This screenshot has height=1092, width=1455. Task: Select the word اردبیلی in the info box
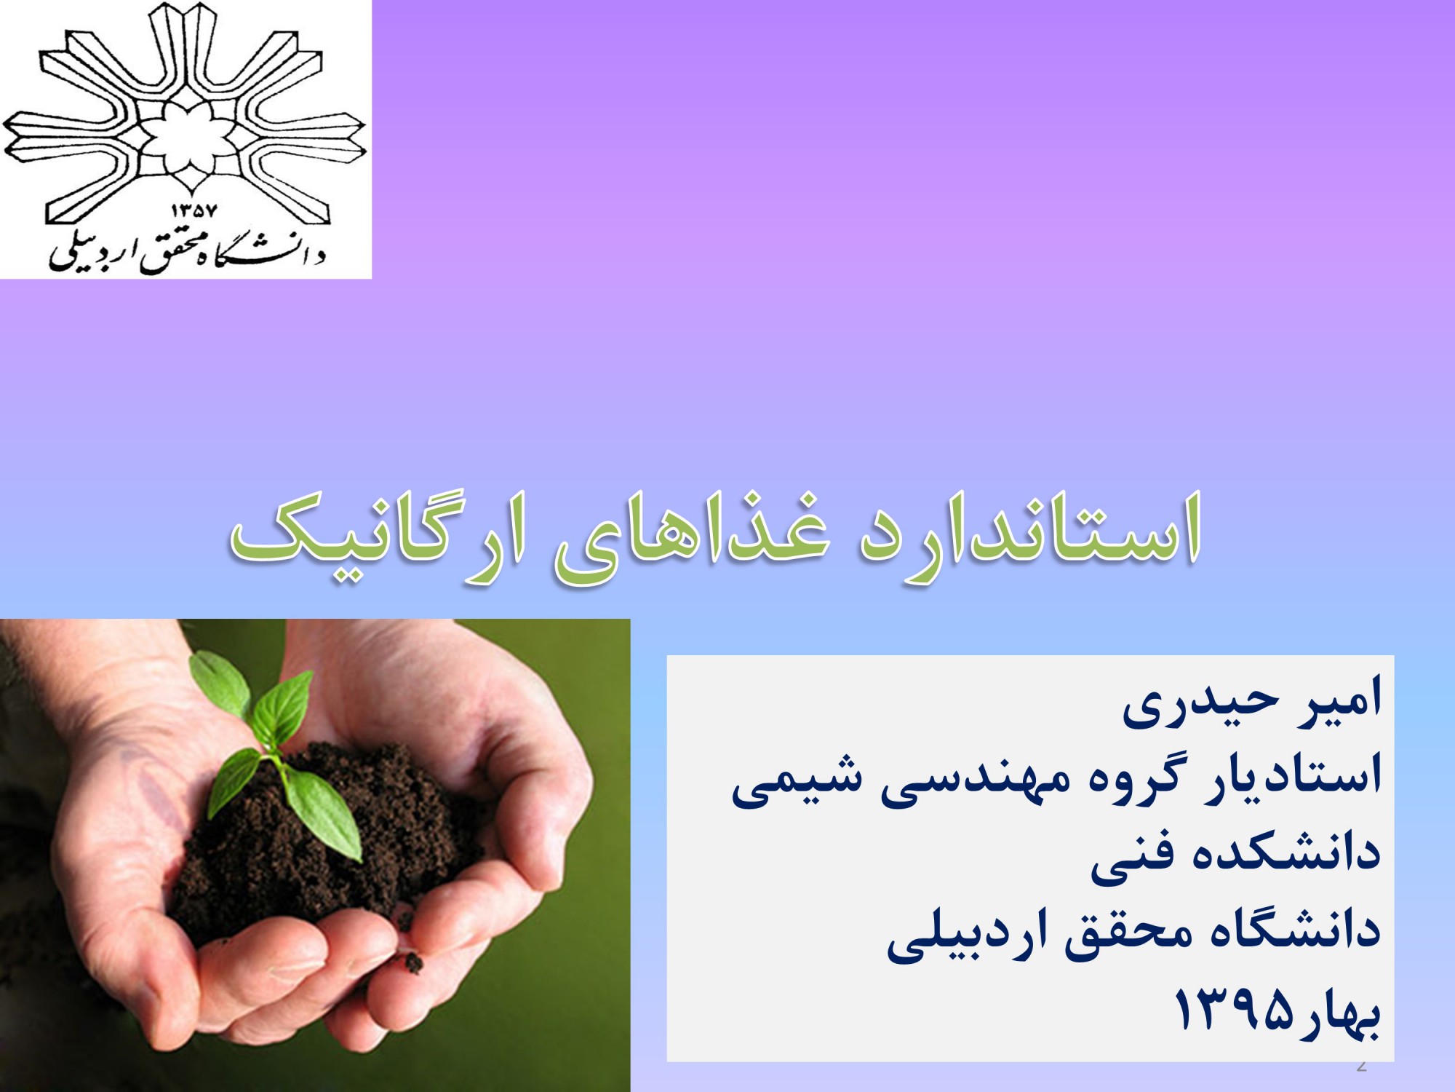(x=968, y=935)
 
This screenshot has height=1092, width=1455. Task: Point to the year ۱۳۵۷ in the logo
(x=194, y=211)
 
